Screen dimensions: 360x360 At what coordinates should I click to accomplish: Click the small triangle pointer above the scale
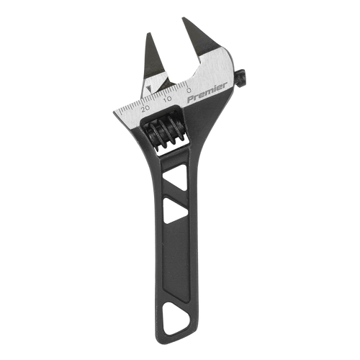pyautogui.click(x=148, y=90)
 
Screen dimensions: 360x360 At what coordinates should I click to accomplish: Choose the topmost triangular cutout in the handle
pyautogui.click(x=175, y=172)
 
